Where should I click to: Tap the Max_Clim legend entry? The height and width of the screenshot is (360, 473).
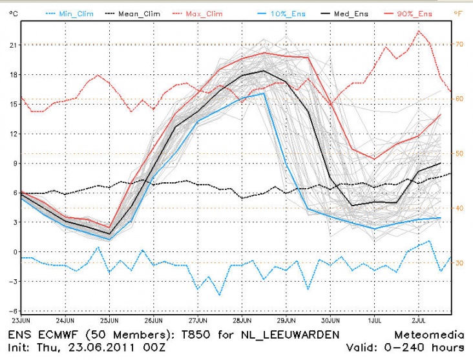[x=210, y=12]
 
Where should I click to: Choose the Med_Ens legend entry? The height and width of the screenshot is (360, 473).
[x=352, y=12]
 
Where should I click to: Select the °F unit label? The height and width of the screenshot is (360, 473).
[x=458, y=12]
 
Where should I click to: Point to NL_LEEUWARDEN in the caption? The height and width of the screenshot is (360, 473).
[x=282, y=334]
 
